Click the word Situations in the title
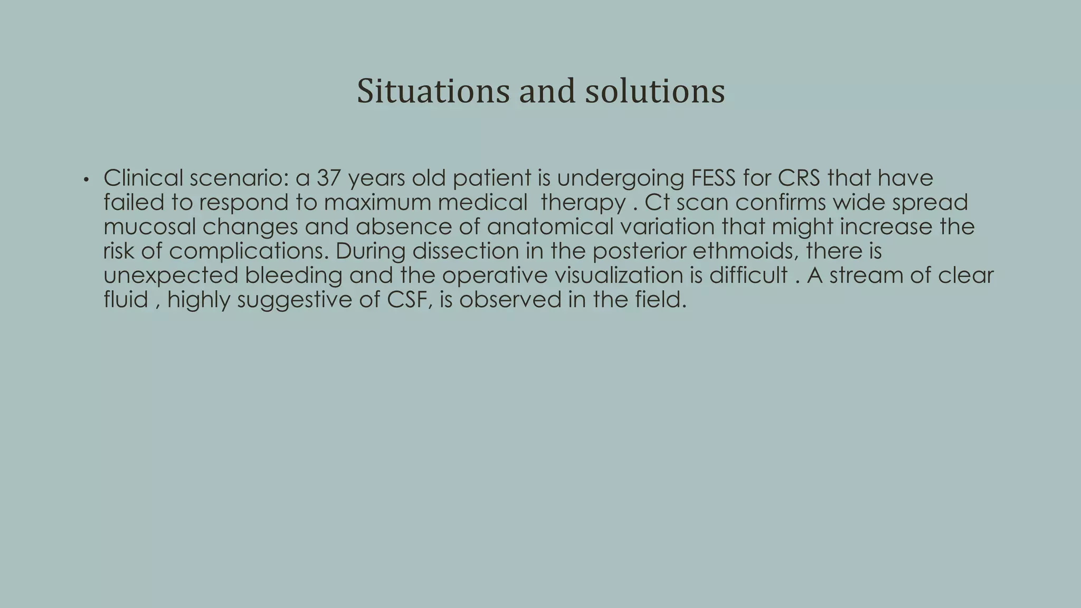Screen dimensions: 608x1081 tap(433, 91)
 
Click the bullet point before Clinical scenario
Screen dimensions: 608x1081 tap(86, 180)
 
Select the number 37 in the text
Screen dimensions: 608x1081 tap(328, 178)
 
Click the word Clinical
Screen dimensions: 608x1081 tap(143, 178)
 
